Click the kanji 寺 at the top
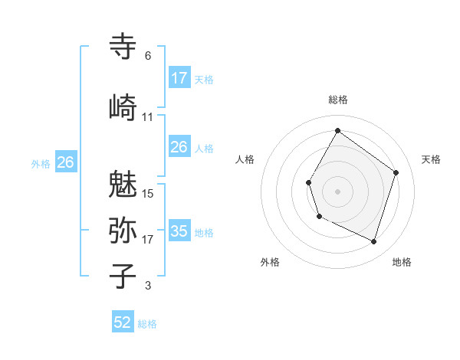coord(123,47)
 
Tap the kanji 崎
coord(123,106)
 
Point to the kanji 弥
coord(123,230)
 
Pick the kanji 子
coord(123,276)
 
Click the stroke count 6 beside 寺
coord(147,56)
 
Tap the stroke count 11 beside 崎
coord(148,116)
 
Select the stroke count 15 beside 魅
coord(148,194)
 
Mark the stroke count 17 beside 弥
coord(148,240)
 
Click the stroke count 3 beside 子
coord(147,286)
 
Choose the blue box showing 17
coord(179,77)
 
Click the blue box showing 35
coord(179,231)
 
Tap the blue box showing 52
coord(123,322)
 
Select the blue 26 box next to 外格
coord(65,162)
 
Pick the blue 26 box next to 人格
coord(179,146)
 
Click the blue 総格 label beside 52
coord(147,324)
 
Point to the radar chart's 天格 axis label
coord(431,159)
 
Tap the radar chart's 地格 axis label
coord(402,262)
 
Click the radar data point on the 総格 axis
coord(337,131)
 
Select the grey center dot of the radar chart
coord(337,191)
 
